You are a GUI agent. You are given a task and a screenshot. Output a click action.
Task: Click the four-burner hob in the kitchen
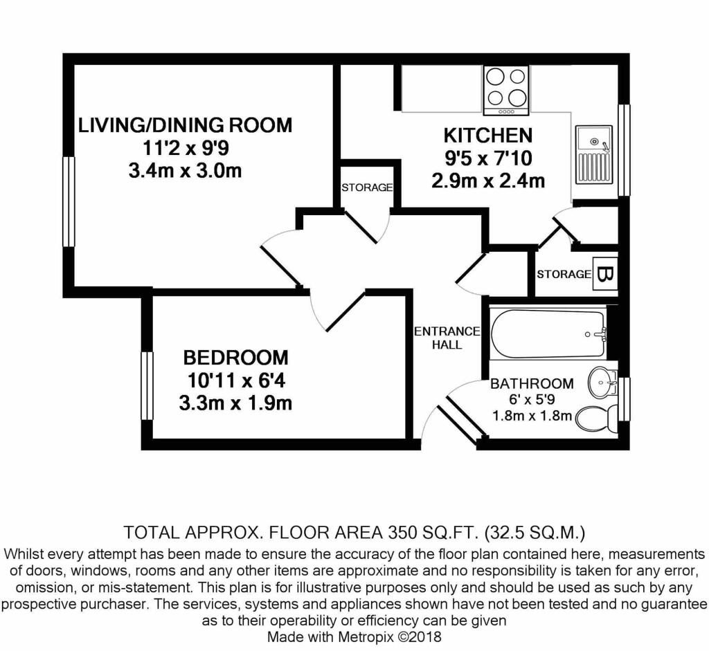pos(506,91)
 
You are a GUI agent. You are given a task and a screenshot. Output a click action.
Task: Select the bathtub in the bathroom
pos(547,334)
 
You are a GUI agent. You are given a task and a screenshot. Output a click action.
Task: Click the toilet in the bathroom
pos(595,418)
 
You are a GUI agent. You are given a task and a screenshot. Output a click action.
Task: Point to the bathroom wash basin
pos(603,380)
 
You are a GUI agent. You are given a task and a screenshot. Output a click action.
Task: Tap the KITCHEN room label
pos(487,135)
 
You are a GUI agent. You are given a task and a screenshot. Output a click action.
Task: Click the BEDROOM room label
pos(235,358)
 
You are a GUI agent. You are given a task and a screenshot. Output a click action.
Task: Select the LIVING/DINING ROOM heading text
pos(185,125)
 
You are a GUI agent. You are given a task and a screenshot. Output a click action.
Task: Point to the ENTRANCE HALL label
pos(447,338)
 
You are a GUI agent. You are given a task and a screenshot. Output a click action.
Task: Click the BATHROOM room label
pos(532,383)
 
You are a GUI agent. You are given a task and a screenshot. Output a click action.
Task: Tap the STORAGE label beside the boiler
pos(564,275)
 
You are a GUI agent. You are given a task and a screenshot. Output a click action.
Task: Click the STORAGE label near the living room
pos(367,188)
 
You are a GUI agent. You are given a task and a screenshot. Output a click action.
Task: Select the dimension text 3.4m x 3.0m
pos(185,170)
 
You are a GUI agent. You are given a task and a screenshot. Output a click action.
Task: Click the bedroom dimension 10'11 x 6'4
pos(235,380)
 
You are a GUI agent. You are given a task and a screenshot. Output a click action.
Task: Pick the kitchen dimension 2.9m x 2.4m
pos(487,181)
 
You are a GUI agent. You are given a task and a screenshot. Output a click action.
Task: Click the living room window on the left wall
pos(69,201)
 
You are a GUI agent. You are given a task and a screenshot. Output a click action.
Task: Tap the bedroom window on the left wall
pos(147,385)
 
